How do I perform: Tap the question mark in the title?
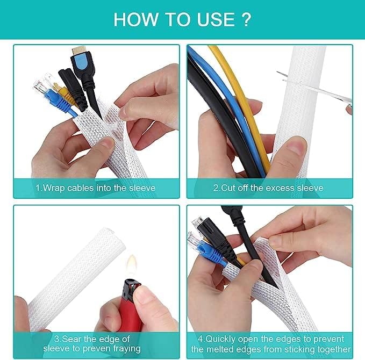click(x=245, y=19)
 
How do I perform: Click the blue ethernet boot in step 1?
click(x=65, y=102)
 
